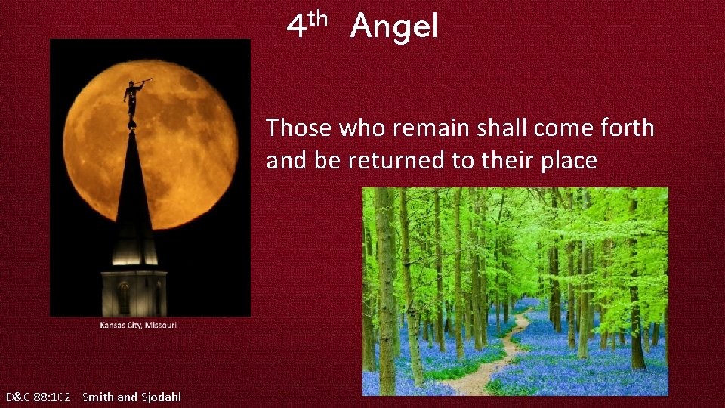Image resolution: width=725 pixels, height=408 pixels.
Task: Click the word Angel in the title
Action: (x=393, y=27)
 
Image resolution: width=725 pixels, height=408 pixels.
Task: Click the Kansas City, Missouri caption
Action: (x=138, y=325)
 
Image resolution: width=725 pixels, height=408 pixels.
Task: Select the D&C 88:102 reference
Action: (x=38, y=397)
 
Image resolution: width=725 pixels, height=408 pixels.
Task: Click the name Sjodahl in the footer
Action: (x=161, y=397)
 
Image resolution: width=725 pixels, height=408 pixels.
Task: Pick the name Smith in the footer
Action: (x=97, y=397)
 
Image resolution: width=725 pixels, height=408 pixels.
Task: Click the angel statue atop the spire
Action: (x=133, y=100)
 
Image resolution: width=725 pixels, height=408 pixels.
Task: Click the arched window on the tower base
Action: (x=124, y=298)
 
